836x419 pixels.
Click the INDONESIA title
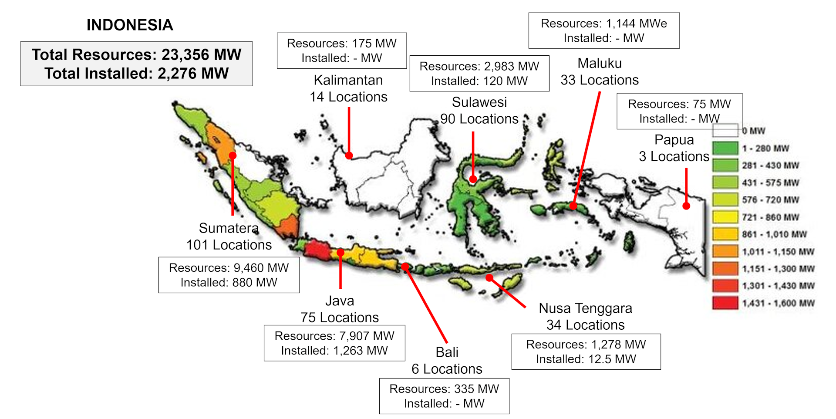(x=130, y=25)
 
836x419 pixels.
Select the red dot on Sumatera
(x=233, y=155)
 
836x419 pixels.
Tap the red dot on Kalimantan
(x=349, y=155)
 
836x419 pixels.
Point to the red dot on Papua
(x=686, y=206)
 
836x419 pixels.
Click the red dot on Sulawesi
(x=473, y=179)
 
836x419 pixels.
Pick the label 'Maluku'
(x=600, y=64)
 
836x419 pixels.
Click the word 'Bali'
(x=447, y=352)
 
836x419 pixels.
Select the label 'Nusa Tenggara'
(x=585, y=308)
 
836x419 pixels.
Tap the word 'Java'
(x=340, y=301)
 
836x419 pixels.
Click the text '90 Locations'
(x=479, y=119)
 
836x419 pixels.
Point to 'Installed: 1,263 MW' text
(x=334, y=351)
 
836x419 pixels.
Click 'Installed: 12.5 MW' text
(x=586, y=359)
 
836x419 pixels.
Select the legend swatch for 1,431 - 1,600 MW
(x=725, y=303)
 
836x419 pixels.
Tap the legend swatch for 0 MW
(x=725, y=130)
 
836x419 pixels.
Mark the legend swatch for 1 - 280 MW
(x=725, y=148)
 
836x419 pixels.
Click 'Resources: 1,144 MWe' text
(x=603, y=24)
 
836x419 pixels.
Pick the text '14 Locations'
(x=348, y=97)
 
